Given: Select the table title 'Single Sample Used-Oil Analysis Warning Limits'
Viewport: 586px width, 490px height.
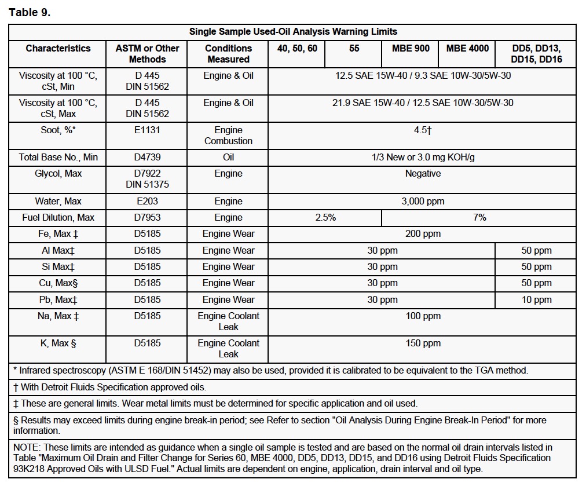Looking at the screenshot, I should (x=293, y=32).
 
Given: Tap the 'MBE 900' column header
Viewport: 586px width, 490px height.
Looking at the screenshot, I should (x=411, y=49).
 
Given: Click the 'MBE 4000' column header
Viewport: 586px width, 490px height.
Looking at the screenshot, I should (x=467, y=49).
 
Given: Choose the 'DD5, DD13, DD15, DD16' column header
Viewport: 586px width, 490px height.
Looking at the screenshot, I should (x=537, y=54).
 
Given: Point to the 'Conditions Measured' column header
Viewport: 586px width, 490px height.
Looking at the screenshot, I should (x=229, y=54).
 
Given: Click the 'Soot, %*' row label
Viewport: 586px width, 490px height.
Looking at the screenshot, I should (x=58, y=130).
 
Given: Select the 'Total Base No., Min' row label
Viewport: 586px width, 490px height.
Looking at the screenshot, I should (x=58, y=158).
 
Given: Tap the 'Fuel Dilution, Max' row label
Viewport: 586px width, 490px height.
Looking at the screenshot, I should (x=58, y=218).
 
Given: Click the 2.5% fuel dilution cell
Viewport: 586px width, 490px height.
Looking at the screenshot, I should (x=325, y=218).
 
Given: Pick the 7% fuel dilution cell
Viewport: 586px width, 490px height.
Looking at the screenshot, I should (x=479, y=218).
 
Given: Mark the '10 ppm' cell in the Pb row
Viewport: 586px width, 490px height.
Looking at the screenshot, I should (x=537, y=300).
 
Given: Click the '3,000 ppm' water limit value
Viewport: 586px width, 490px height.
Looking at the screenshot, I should (x=423, y=202).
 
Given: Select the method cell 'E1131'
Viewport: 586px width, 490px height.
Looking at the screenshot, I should (x=148, y=130).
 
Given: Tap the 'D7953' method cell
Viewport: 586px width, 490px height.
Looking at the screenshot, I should (x=148, y=218).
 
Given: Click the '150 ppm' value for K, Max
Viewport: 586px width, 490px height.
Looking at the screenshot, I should (x=423, y=343).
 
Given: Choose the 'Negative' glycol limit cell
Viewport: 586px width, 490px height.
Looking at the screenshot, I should (x=423, y=174).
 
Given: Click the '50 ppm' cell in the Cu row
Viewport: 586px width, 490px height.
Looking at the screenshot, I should (x=537, y=283).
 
